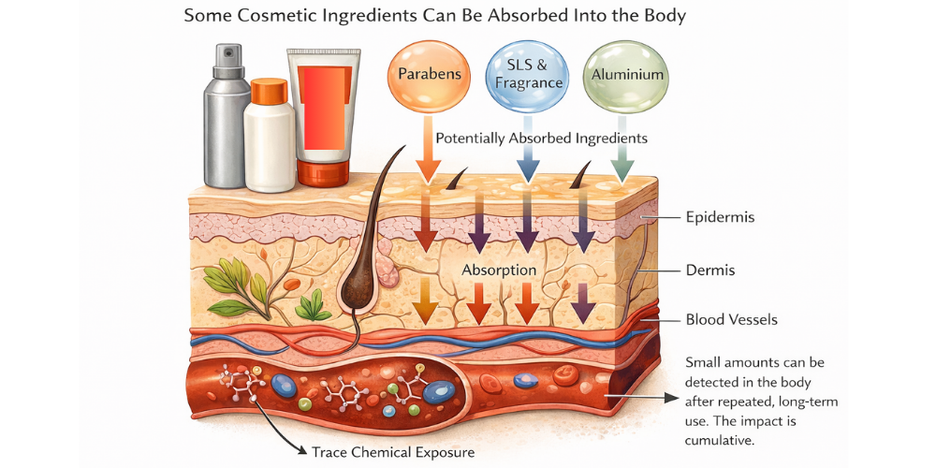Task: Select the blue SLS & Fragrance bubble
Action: point(525,76)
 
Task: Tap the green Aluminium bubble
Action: point(619,75)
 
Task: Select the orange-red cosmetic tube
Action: point(322,117)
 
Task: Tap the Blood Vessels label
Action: point(732,320)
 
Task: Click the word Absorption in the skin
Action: point(499,271)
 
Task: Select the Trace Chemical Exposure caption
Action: point(393,452)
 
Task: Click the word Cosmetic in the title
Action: point(274,16)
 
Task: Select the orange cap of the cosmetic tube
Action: point(323,174)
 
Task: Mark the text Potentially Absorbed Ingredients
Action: point(541,139)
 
